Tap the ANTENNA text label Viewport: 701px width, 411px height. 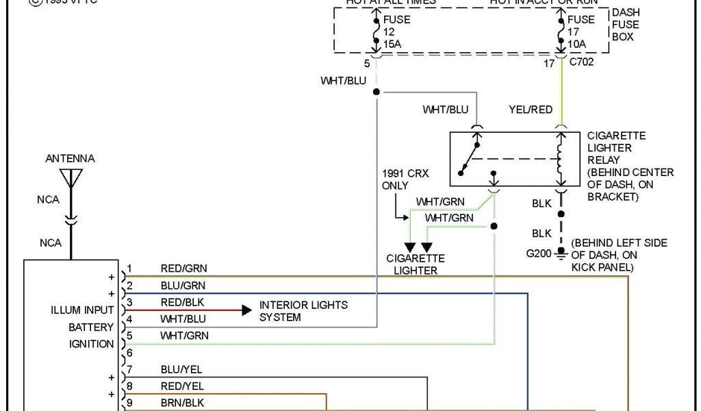70,158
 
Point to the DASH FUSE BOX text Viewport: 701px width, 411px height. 625,25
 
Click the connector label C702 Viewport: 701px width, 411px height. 581,64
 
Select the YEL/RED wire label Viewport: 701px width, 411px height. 531,110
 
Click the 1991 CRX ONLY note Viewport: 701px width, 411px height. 405,179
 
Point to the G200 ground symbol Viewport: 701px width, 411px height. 561,253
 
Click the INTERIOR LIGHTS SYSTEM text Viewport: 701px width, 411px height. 303,311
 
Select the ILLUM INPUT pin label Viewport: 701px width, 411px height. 82,310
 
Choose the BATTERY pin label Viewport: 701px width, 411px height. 91,327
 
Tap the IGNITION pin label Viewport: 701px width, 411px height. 92,344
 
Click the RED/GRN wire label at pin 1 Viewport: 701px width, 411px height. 183,269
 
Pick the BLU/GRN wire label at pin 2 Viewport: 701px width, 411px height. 183,285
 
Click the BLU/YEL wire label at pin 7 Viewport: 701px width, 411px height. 182,369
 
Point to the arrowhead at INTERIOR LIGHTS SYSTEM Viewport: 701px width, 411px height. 246,310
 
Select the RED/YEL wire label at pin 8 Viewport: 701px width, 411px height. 182,386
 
